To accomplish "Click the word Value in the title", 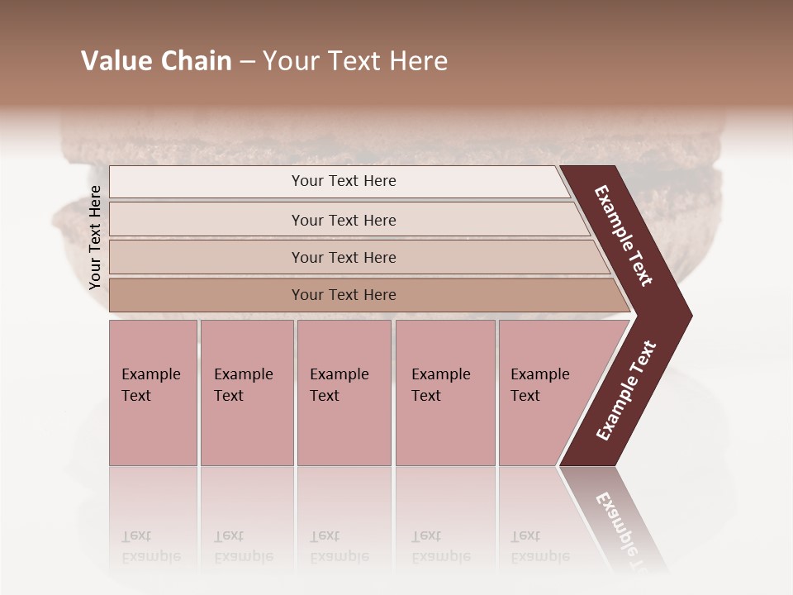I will coord(114,61).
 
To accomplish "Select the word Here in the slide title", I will coord(418,61).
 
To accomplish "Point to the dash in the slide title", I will coord(247,62).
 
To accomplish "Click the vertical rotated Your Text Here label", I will coord(95,237).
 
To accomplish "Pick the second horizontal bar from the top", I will coord(343,220).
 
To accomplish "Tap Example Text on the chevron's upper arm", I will coord(624,236).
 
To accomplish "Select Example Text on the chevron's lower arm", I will coord(626,391).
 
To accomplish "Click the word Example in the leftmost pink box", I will coord(151,374).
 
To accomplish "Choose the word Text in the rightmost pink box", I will coord(525,396).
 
